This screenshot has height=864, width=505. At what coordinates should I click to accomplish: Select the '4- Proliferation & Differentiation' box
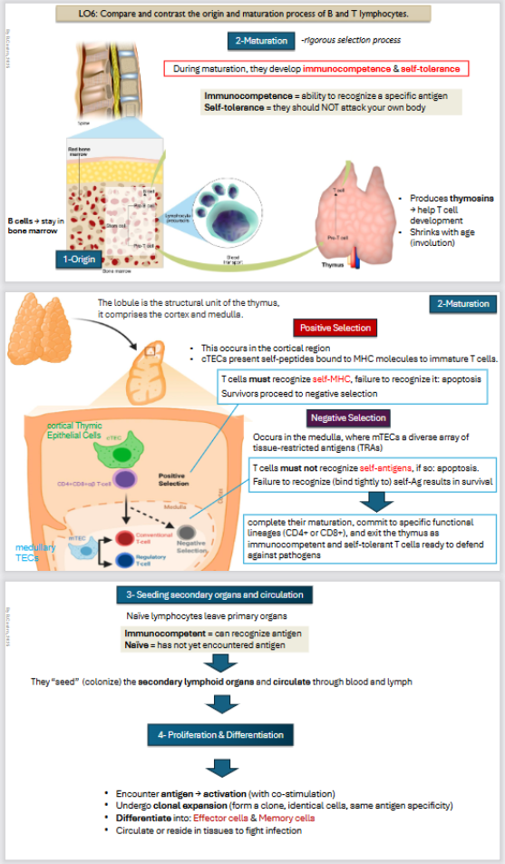tap(223, 733)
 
